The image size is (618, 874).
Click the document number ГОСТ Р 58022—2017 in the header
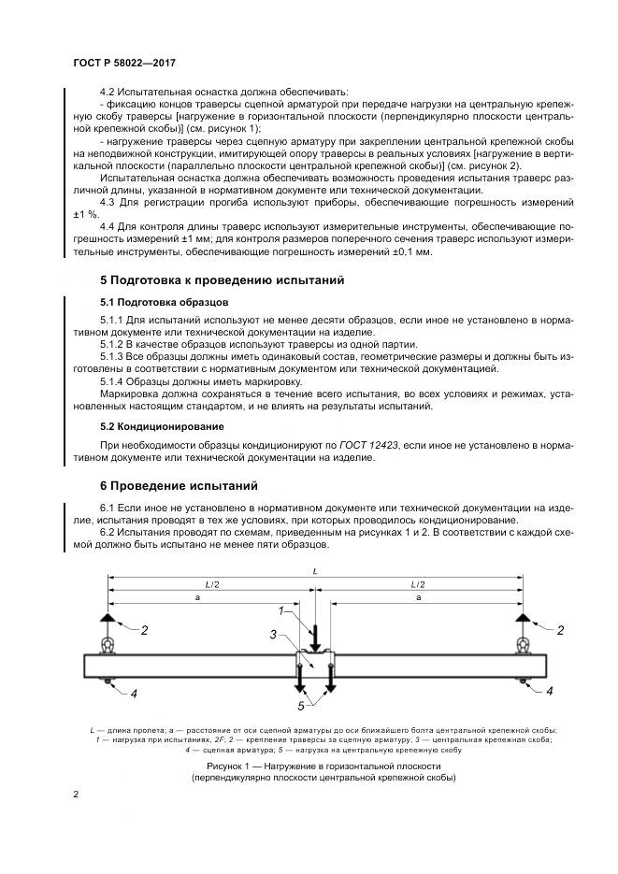[x=124, y=63]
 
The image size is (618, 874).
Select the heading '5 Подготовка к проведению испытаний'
[x=223, y=279]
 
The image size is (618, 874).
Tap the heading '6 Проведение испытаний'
[x=179, y=485]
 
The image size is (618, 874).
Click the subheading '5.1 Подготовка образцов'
[x=163, y=302]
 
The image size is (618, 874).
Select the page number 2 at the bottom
[x=75, y=795]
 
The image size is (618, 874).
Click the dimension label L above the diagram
[x=315, y=569]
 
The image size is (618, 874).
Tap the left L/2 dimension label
[x=211, y=583]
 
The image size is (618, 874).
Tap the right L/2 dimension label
[x=418, y=583]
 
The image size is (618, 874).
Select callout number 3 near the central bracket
[x=272, y=635]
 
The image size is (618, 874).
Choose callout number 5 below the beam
[x=301, y=706]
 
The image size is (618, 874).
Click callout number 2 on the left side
[x=145, y=631]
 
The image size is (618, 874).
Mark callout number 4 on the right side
[x=550, y=692]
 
